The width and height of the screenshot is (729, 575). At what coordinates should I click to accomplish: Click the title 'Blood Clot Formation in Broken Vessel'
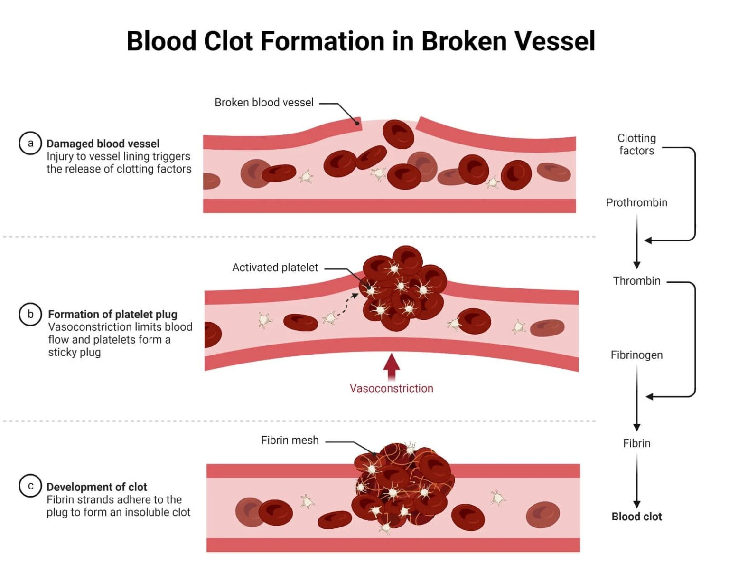tap(361, 41)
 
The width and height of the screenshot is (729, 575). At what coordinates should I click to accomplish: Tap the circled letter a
tap(30, 143)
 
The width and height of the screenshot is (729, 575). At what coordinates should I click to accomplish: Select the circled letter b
tap(30, 314)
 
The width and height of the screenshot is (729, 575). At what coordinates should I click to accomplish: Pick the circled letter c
tap(30, 486)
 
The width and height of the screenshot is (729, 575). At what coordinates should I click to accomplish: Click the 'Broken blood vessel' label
tap(264, 103)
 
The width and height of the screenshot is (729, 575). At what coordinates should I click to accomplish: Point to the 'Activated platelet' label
tap(275, 268)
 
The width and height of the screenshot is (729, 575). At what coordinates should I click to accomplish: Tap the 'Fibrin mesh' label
tap(290, 441)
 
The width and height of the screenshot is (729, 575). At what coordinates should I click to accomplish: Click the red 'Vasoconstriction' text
tap(391, 388)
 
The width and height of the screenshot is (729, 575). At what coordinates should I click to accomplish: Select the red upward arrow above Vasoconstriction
tap(391, 366)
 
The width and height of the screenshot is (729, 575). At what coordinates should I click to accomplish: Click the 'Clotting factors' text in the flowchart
tap(636, 144)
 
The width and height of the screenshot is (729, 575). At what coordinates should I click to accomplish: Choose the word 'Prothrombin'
tap(636, 203)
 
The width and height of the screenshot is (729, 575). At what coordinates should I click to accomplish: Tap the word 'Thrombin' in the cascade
tap(636, 281)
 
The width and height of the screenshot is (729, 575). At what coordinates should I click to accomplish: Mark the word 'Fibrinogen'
tap(636, 355)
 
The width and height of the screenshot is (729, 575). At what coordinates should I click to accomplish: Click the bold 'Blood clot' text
tap(636, 517)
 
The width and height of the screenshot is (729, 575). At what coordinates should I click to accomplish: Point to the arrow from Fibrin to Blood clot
tap(637, 480)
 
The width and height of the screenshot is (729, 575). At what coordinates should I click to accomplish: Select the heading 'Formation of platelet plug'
tap(112, 314)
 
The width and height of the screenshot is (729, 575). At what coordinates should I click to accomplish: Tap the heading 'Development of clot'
tap(97, 487)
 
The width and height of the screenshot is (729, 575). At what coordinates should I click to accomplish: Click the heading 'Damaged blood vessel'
tap(103, 144)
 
